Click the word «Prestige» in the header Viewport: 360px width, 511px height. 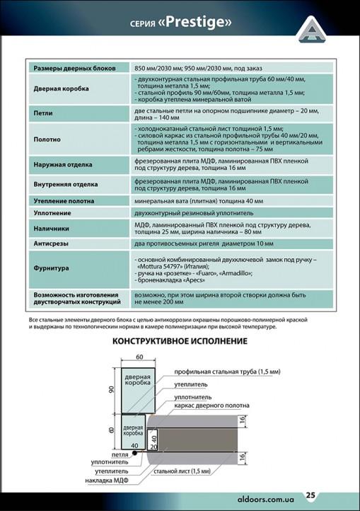coord(197,23)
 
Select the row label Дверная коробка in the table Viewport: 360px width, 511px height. coord(62,89)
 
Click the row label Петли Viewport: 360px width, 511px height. coord(43,113)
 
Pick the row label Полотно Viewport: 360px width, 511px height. coord(47,139)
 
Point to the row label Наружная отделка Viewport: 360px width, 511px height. coord(63,165)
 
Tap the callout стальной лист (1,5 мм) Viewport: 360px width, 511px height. coord(181,471)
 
